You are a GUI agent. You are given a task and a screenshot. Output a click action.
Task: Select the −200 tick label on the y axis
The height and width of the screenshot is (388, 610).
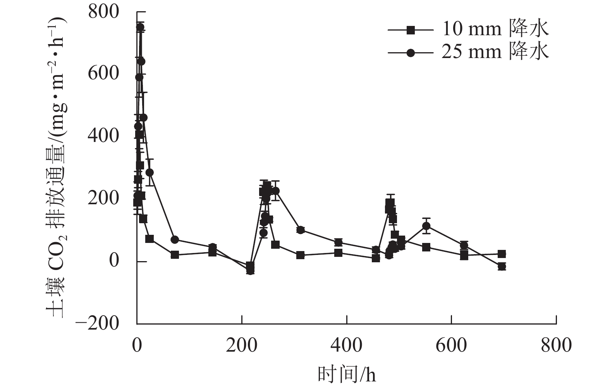pos(97,323)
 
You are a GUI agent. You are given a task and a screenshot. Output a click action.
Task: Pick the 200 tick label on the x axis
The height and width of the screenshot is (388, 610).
pos(242,345)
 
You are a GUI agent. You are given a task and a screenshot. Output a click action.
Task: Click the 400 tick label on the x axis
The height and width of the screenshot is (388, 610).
pos(347,345)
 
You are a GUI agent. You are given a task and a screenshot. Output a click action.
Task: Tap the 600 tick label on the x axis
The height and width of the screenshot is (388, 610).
pos(452,345)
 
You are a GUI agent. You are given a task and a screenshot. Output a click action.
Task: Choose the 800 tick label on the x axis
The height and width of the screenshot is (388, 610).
pos(556,345)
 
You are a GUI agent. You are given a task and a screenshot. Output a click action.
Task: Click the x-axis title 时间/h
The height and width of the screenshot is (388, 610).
pos(347,374)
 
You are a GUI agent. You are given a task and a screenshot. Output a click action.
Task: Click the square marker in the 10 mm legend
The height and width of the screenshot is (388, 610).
pos(411,30)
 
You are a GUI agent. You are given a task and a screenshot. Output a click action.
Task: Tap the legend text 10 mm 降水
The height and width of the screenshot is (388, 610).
pos(495,29)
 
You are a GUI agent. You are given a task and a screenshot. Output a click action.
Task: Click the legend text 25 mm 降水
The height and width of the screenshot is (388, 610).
pos(495,51)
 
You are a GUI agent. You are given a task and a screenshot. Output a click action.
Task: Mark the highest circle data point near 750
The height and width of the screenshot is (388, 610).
pos(140,27)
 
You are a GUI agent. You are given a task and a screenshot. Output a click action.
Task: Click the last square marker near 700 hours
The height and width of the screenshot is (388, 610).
pos(502,254)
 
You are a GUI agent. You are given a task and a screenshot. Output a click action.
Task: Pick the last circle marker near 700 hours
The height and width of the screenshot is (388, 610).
pos(502,267)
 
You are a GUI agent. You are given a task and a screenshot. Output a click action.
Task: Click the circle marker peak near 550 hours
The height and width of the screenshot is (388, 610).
pos(426,226)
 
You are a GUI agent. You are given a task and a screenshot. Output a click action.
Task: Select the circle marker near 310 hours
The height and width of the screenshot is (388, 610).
pos(300,230)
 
